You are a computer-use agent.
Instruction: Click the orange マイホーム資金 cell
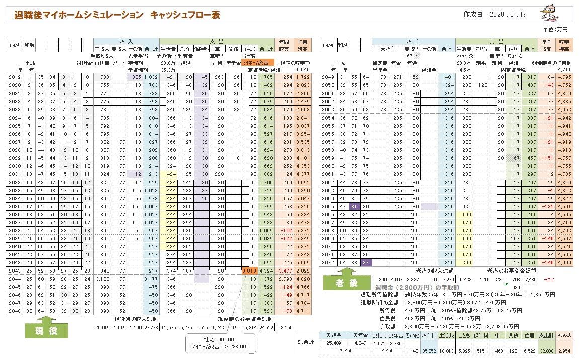tap(258, 63)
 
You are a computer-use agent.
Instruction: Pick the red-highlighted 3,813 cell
tap(250, 270)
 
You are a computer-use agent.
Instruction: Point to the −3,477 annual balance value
tap(284, 270)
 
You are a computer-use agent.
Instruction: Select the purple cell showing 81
tap(354, 206)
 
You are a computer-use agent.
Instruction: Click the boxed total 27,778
tap(151, 327)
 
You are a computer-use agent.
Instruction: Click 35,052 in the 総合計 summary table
tap(428, 352)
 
